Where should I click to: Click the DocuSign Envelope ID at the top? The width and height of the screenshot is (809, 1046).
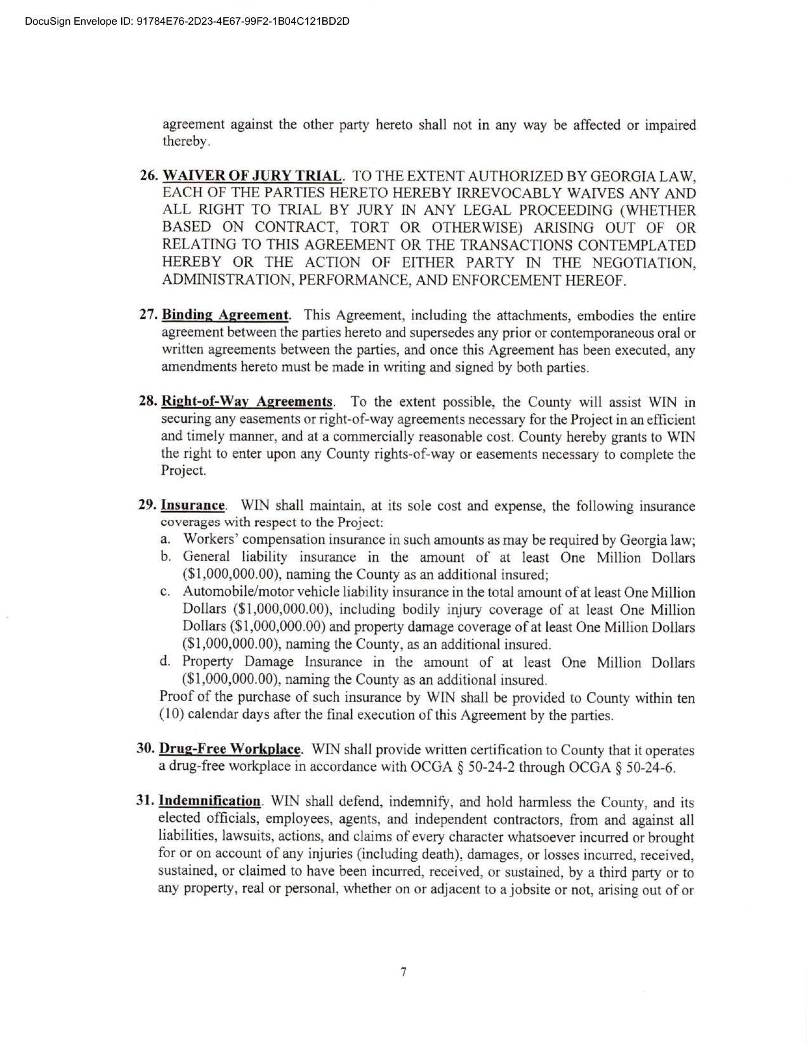pyautogui.click(x=187, y=22)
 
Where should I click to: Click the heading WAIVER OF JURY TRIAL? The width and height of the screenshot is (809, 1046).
pyautogui.click(x=253, y=176)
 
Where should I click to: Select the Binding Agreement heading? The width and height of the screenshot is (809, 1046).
pyautogui.click(x=225, y=315)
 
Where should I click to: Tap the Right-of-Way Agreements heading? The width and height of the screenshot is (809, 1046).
pyautogui.click(x=247, y=402)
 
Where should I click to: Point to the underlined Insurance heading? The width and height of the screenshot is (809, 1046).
pyautogui.click(x=193, y=506)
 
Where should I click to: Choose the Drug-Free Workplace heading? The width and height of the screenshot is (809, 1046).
pyautogui.click(x=230, y=749)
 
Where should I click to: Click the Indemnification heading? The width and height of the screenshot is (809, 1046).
pyautogui.click(x=209, y=801)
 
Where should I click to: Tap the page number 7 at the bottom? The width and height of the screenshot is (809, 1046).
pyautogui.click(x=404, y=972)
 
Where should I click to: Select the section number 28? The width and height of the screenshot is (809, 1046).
pyautogui.click(x=147, y=402)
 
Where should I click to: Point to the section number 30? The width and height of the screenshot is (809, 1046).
pyautogui.click(x=145, y=749)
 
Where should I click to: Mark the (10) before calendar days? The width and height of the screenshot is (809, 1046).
pyautogui.click(x=171, y=715)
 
